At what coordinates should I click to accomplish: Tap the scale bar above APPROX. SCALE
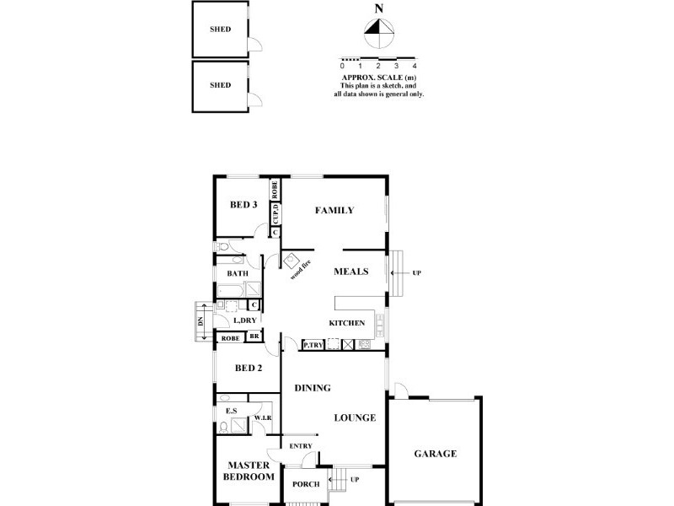pos(378,57)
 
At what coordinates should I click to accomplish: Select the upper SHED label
pos(220,29)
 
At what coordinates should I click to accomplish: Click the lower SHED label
pos(220,85)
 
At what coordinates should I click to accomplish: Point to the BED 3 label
pos(243,205)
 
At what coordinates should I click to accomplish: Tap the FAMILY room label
pos(334,211)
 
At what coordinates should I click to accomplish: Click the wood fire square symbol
pos(292,261)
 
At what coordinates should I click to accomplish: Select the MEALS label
pos(350,272)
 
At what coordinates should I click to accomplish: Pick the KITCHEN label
pos(346,323)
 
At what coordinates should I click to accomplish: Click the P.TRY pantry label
pos(313,345)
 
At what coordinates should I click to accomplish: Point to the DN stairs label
pos(201,322)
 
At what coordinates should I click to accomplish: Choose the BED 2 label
pos(249,368)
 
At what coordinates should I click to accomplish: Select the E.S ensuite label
pos(230,412)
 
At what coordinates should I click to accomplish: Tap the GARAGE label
pos(435,454)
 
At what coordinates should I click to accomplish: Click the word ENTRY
pos(300,446)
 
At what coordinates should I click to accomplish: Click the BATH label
pos(237,273)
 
